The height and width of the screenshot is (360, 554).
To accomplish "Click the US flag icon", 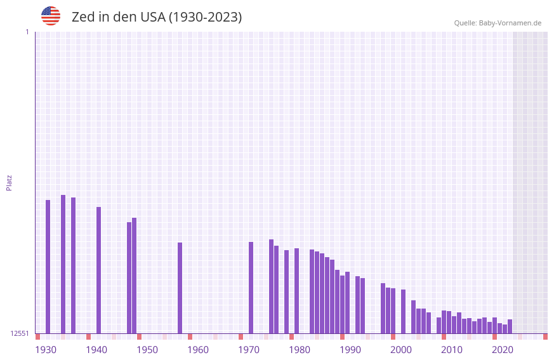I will point(51,16).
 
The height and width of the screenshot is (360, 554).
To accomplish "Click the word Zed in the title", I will point(83,17).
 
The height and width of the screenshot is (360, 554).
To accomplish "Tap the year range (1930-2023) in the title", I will point(205,17).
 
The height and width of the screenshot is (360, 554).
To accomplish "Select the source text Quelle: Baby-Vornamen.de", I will point(498,23).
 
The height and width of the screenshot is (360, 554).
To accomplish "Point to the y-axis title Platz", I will point(9,182).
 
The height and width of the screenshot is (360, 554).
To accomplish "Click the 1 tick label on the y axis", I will point(27,32).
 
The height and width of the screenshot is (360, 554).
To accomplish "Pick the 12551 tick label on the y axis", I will point(20,333).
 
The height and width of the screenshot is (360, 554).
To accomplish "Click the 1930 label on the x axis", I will point(46,350).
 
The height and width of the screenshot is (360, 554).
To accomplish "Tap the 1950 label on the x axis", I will point(147,350).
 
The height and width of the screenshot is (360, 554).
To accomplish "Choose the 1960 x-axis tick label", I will point(198,350).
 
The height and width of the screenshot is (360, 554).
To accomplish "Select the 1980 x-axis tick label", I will point(300,350).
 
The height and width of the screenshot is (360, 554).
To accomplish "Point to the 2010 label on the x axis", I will point(452,350).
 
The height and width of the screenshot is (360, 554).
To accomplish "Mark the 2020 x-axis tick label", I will point(503,350).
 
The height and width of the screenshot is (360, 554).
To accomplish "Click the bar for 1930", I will point(48,267).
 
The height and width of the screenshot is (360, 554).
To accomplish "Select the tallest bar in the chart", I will point(63,264).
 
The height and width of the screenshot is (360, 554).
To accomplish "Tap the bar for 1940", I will point(98,270).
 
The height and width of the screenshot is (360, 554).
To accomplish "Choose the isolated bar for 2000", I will point(403,311).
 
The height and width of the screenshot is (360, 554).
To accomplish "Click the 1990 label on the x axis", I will point(350,350).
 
